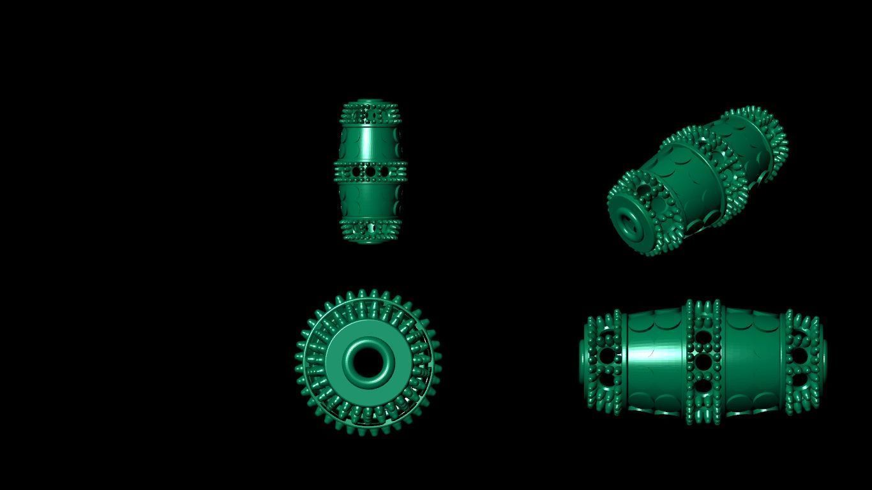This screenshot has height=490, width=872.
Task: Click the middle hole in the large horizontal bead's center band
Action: [x=703, y=362]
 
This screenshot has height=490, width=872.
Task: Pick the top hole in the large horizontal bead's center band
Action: [x=703, y=339]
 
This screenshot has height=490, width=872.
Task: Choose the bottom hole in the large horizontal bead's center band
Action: [x=703, y=385]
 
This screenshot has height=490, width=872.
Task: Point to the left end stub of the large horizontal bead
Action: [x=583, y=360]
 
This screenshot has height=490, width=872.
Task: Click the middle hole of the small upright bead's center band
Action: [x=370, y=172]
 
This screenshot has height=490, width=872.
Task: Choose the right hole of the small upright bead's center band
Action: [x=384, y=172]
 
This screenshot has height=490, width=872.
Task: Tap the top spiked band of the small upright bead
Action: [x=370, y=115]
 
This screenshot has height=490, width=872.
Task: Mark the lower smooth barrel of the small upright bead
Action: [x=370, y=200]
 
